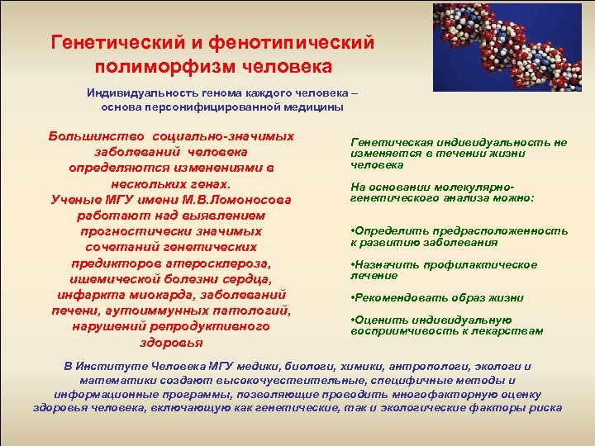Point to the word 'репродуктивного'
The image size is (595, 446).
[x=217, y=325]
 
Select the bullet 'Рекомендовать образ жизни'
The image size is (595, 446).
[x=437, y=297]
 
